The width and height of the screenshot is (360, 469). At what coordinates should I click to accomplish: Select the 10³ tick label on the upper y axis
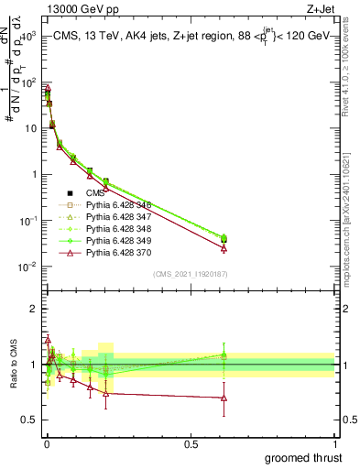click(27, 36)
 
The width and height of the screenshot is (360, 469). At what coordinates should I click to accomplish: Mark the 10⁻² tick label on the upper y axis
click(27, 267)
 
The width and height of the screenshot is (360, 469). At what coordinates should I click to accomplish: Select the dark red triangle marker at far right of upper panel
click(224, 248)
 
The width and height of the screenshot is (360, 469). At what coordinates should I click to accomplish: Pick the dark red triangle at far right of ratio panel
click(224, 398)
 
